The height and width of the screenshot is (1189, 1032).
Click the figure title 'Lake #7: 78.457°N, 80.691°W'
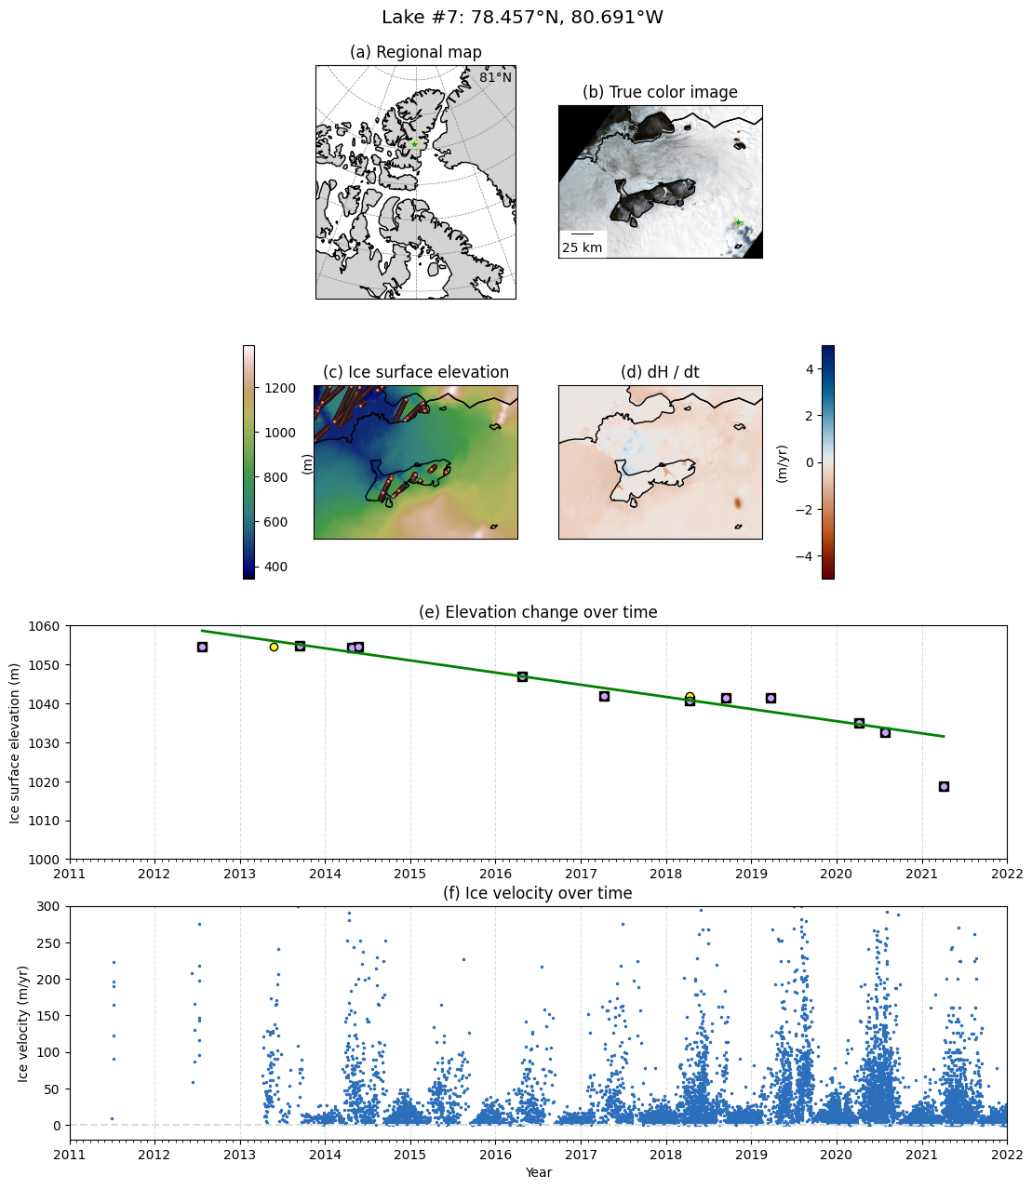[522, 18]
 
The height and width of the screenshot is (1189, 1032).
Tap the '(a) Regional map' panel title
[415, 52]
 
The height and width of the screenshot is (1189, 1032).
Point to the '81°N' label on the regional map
[495, 77]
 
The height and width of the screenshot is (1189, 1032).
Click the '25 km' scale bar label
[582, 247]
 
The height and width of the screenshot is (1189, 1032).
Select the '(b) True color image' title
[660, 92]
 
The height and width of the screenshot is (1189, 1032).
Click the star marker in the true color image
[738, 223]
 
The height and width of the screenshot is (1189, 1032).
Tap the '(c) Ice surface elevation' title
[415, 372]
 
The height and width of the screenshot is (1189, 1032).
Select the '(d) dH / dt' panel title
[660, 372]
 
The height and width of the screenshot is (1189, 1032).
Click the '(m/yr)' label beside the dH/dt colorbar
[783, 462]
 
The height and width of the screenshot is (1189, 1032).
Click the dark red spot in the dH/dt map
[738, 503]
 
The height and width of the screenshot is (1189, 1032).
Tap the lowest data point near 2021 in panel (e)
[944, 786]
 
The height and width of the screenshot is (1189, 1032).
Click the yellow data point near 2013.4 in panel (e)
[274, 647]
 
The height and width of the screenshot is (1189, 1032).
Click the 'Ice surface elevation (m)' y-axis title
[15, 742]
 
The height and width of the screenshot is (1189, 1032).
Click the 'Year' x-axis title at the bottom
[538, 1172]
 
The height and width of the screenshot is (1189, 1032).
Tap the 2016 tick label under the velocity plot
[495, 1154]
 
